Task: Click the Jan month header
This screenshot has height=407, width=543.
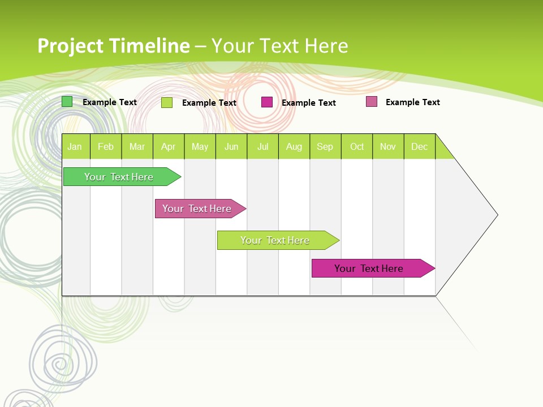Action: [75, 146]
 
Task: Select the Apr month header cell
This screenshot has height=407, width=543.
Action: [168, 146]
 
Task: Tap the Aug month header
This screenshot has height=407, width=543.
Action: [294, 146]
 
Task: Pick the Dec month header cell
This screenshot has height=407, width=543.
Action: [419, 146]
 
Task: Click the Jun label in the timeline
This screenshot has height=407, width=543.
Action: [231, 146]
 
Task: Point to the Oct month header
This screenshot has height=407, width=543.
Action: [357, 146]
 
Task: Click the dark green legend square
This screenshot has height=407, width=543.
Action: [67, 102]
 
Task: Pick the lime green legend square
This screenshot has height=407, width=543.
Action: [167, 102]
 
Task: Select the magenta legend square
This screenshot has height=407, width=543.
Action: [267, 102]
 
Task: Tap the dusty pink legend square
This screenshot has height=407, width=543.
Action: [372, 102]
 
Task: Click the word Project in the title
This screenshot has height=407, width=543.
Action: [70, 46]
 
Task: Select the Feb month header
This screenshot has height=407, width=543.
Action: [106, 146]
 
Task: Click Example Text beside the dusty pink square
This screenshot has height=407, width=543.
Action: [412, 102]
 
